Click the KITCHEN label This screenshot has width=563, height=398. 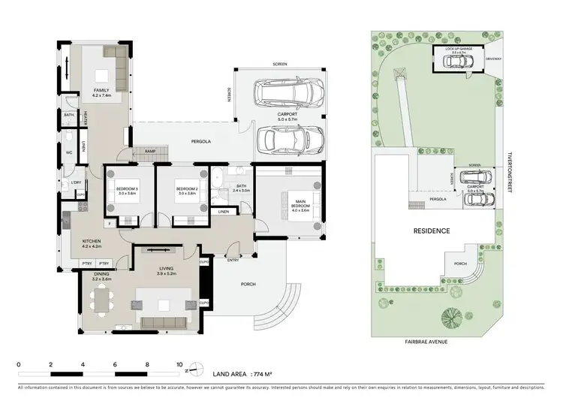point(91,243)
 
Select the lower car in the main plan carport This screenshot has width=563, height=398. point(289,139)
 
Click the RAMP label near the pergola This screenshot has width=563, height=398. point(150,150)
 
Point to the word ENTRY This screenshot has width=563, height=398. point(233,260)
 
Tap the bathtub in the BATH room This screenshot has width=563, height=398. point(216,179)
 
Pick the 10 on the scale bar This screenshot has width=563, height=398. point(179,363)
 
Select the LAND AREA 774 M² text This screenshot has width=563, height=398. point(242,372)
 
